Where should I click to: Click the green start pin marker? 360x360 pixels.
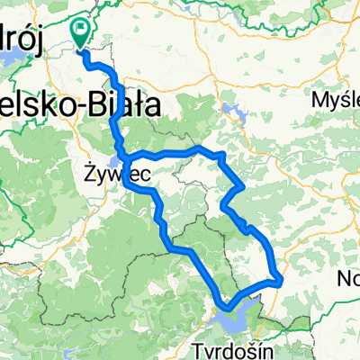[80, 33]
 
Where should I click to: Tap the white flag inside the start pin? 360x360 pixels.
[80, 31]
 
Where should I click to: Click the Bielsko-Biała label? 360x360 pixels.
[81, 106]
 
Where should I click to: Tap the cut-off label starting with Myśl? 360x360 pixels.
[335, 99]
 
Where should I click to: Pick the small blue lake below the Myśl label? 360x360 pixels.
[236, 115]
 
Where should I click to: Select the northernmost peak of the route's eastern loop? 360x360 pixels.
[198, 147]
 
